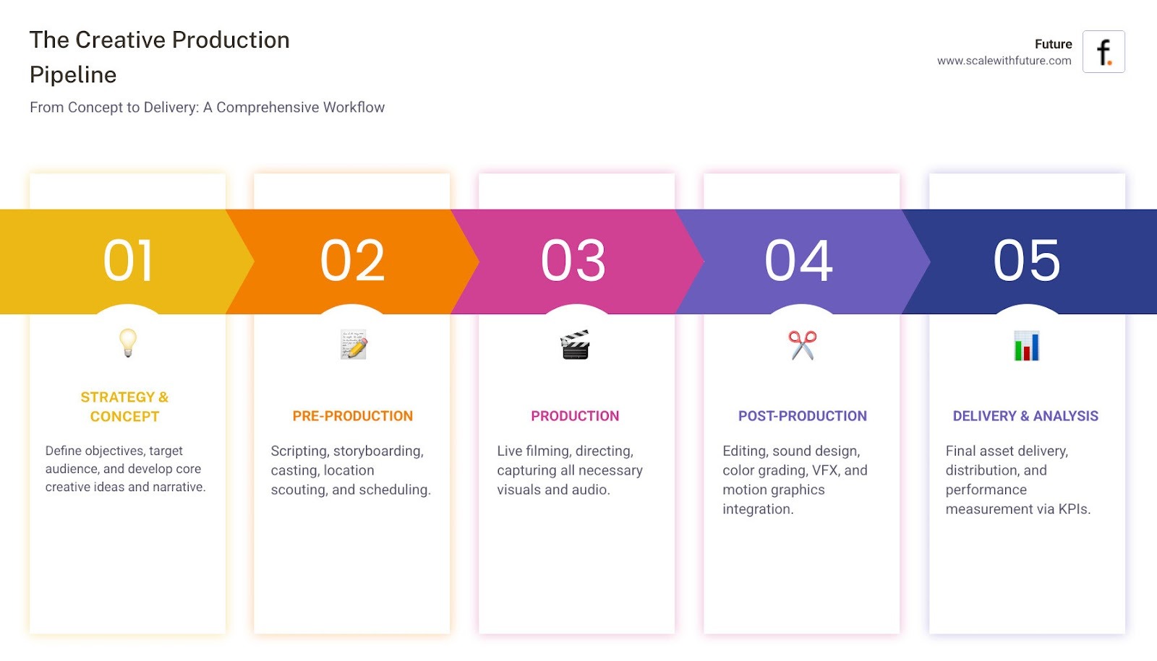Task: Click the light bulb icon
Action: (x=128, y=343)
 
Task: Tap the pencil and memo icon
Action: (x=354, y=345)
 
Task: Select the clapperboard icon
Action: (x=576, y=345)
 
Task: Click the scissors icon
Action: (x=803, y=345)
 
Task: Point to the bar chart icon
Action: (x=1027, y=345)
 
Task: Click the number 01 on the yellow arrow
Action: (x=129, y=261)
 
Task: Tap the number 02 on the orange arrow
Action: (x=352, y=261)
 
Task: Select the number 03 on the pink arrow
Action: (x=573, y=261)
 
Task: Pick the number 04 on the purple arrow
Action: (x=799, y=261)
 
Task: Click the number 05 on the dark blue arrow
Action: (x=1027, y=261)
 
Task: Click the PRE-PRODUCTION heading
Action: (x=353, y=416)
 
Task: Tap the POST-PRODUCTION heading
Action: (x=803, y=416)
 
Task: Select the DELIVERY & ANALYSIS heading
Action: (x=1025, y=416)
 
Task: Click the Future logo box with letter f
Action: (x=1103, y=52)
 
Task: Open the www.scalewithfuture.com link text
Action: (x=1004, y=61)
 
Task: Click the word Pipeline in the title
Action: (x=73, y=75)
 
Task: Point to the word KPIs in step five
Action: (x=1074, y=509)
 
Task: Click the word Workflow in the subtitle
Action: (x=354, y=108)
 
